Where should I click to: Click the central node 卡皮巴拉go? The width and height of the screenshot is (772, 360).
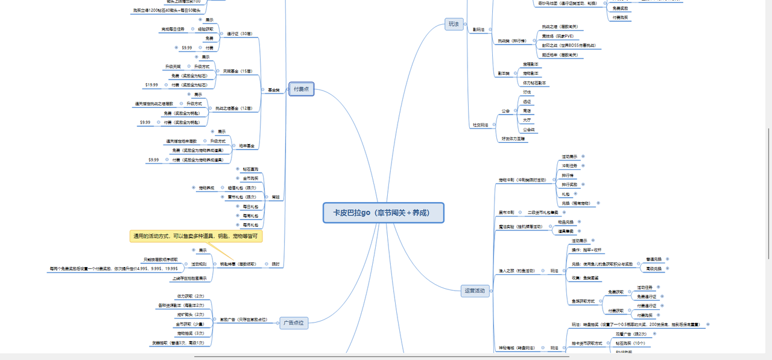tap(384, 213)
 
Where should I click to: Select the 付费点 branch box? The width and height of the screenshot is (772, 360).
tap(301, 89)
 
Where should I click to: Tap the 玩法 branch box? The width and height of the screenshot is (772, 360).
tap(453, 24)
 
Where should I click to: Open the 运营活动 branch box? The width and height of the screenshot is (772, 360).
tap(475, 291)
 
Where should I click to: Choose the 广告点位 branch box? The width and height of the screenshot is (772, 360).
tap(294, 323)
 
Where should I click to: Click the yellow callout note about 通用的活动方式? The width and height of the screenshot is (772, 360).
tap(196, 236)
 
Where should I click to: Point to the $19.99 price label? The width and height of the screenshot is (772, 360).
tap(151, 85)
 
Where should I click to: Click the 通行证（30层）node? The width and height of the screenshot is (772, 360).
tap(239, 34)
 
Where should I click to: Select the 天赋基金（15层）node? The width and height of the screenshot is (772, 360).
tap(238, 71)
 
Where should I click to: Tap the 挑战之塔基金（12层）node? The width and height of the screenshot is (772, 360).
tap(234, 109)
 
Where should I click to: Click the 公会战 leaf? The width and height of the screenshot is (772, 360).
tap(529, 129)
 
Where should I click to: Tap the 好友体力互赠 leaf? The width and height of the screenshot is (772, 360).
tap(513, 138)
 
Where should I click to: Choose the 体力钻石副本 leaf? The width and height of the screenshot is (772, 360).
tap(534, 83)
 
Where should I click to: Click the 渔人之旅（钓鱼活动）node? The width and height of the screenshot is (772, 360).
tap(517, 271)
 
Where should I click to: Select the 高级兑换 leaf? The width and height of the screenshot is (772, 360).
tap(654, 268)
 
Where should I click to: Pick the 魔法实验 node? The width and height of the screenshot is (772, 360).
tap(517, 227)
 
